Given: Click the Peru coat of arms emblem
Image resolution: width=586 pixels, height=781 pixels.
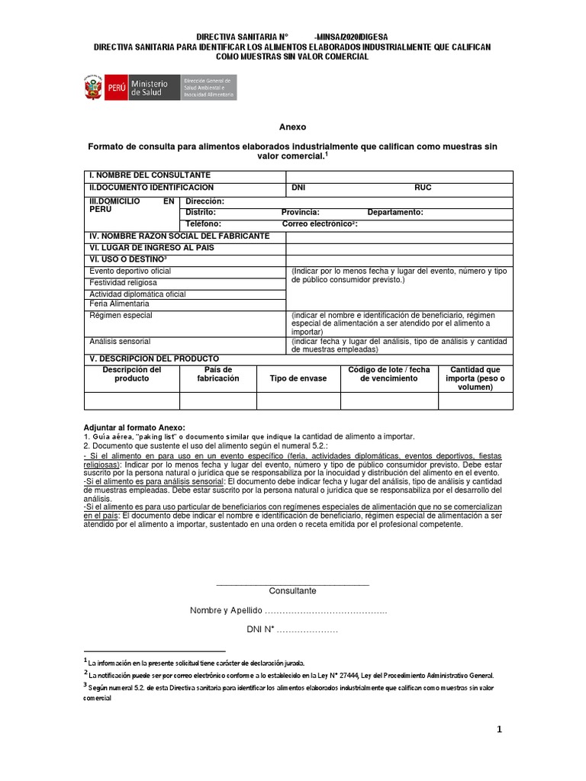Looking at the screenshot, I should click(91, 87).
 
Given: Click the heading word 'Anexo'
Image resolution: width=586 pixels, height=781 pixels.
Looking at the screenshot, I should click(292, 127).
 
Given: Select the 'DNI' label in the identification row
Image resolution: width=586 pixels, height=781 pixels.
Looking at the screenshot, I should click(299, 187).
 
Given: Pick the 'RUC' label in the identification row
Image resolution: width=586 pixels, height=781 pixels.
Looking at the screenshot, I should click(423, 187).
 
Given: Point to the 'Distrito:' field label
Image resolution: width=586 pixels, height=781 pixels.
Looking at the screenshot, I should click(201, 212).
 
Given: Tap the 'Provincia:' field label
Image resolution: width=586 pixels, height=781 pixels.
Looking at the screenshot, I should click(300, 212).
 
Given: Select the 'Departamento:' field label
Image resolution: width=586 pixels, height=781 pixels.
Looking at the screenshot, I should click(395, 212).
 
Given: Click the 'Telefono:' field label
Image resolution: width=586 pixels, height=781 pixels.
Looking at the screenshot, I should click(203, 224).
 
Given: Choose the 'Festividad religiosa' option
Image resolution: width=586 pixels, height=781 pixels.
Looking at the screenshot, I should click(123, 282).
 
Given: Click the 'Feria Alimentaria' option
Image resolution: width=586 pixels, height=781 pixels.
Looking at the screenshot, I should click(120, 304).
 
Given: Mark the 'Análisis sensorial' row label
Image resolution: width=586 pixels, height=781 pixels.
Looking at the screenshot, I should click(120, 341).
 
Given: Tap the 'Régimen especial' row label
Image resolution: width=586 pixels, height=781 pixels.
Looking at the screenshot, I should click(121, 315).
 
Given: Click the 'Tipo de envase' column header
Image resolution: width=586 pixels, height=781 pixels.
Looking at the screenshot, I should click(298, 378).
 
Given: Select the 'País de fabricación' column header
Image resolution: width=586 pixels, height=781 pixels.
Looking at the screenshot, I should click(218, 374).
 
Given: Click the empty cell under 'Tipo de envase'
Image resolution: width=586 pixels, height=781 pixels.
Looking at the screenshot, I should click(298, 400).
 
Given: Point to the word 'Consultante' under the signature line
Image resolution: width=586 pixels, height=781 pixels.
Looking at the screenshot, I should click(292, 590).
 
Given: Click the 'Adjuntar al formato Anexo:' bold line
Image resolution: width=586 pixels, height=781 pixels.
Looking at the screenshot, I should click(134, 427).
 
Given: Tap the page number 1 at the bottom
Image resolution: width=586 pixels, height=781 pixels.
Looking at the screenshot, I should click(499, 729).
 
